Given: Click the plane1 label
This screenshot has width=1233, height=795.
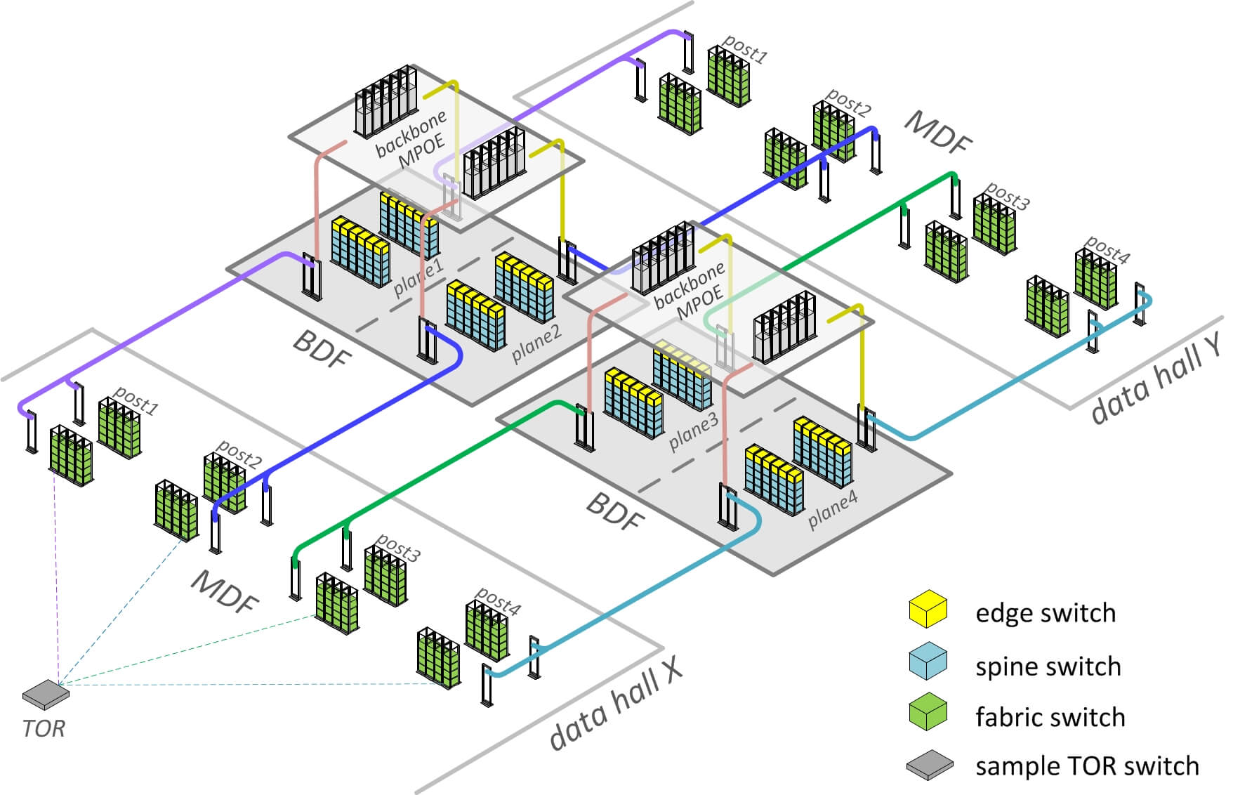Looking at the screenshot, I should [x=418, y=276].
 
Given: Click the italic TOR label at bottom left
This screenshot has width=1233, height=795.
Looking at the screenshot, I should [x=44, y=728].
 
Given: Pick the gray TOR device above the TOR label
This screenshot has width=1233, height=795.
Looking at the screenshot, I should [x=46, y=693].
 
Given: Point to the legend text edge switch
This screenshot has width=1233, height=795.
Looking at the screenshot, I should [x=1045, y=613].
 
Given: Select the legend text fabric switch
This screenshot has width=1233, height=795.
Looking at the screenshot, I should [x=1050, y=717].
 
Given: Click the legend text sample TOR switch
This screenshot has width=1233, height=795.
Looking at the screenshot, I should [x=1086, y=766].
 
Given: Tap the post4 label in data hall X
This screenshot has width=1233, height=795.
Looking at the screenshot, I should [x=497, y=602].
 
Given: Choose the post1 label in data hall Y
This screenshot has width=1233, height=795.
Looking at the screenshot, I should [x=744, y=48].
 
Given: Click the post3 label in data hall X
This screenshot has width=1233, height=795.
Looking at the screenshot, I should [x=397, y=547].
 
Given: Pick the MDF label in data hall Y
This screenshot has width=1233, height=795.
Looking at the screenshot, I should [x=938, y=132].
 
